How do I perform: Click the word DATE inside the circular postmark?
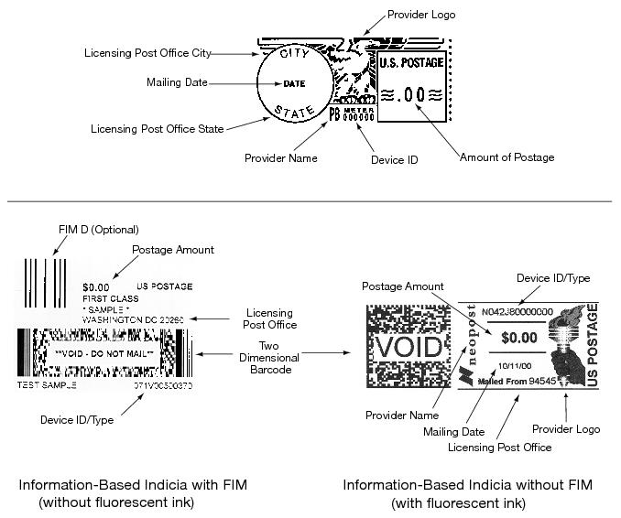tap(294, 84)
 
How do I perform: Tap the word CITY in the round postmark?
tap(295, 56)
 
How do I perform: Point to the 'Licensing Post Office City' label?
tap(147, 53)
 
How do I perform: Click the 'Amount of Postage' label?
tap(507, 157)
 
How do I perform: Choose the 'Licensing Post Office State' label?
tap(157, 129)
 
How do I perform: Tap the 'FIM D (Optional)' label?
tap(82, 230)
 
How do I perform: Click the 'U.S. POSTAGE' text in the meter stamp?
tap(411, 64)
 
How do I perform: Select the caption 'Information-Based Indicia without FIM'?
tap(467, 484)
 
